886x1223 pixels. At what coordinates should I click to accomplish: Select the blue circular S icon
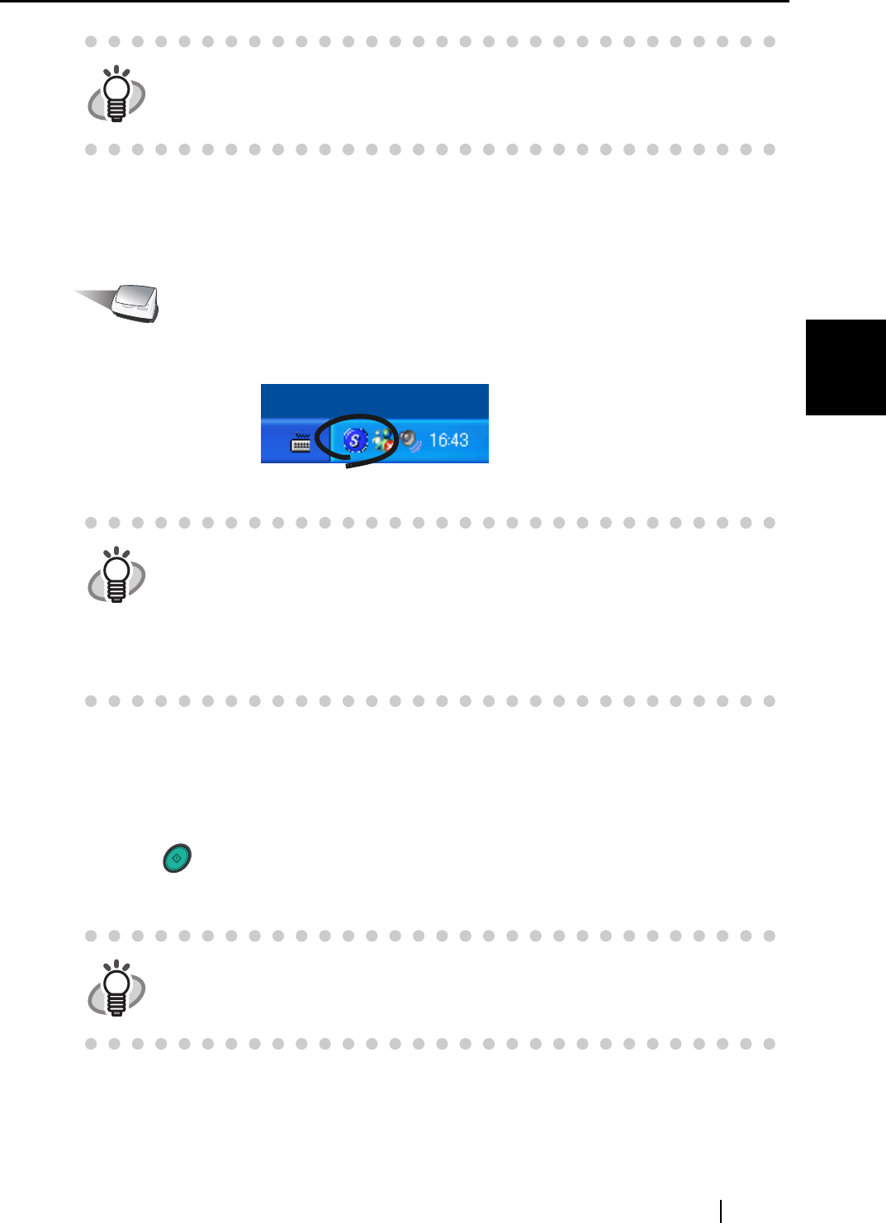[355, 440]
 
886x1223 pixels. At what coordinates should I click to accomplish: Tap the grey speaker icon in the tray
[410, 440]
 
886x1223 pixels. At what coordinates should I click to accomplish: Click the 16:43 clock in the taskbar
[448, 440]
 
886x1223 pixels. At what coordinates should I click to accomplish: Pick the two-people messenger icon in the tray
[382, 440]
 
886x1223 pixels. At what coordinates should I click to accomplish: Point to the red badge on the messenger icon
[388, 446]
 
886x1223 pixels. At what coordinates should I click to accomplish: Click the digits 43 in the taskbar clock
[458, 440]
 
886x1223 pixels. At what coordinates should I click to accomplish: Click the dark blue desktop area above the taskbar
[374, 401]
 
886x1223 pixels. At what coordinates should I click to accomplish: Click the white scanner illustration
[137, 303]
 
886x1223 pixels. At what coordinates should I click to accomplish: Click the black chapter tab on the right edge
[845, 367]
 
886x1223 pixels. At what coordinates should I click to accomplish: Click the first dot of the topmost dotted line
[91, 41]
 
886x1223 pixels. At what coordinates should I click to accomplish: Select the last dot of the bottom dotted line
[770, 1044]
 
